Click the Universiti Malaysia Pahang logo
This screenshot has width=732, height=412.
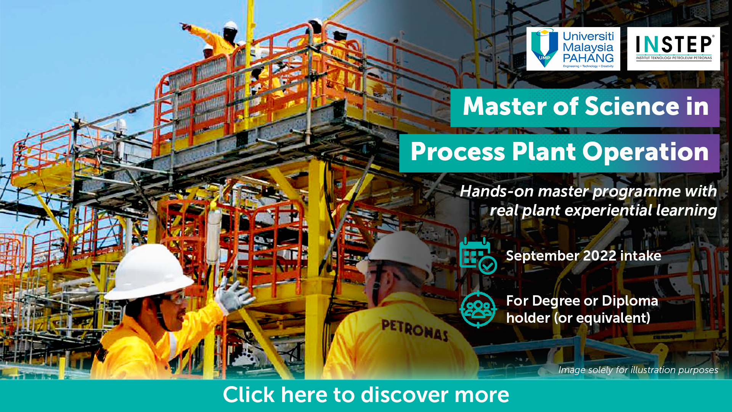(x=573, y=48)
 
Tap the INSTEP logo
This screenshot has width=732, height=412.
(x=673, y=48)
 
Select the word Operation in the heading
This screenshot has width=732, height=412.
(x=645, y=152)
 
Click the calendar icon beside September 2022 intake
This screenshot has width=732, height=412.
(x=478, y=256)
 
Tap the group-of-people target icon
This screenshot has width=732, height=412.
(x=478, y=309)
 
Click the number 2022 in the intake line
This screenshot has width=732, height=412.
(x=600, y=256)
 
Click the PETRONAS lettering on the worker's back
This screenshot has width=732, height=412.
(x=415, y=330)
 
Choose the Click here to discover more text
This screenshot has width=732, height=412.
(x=366, y=395)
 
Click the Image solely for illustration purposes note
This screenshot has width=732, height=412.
(x=638, y=370)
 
